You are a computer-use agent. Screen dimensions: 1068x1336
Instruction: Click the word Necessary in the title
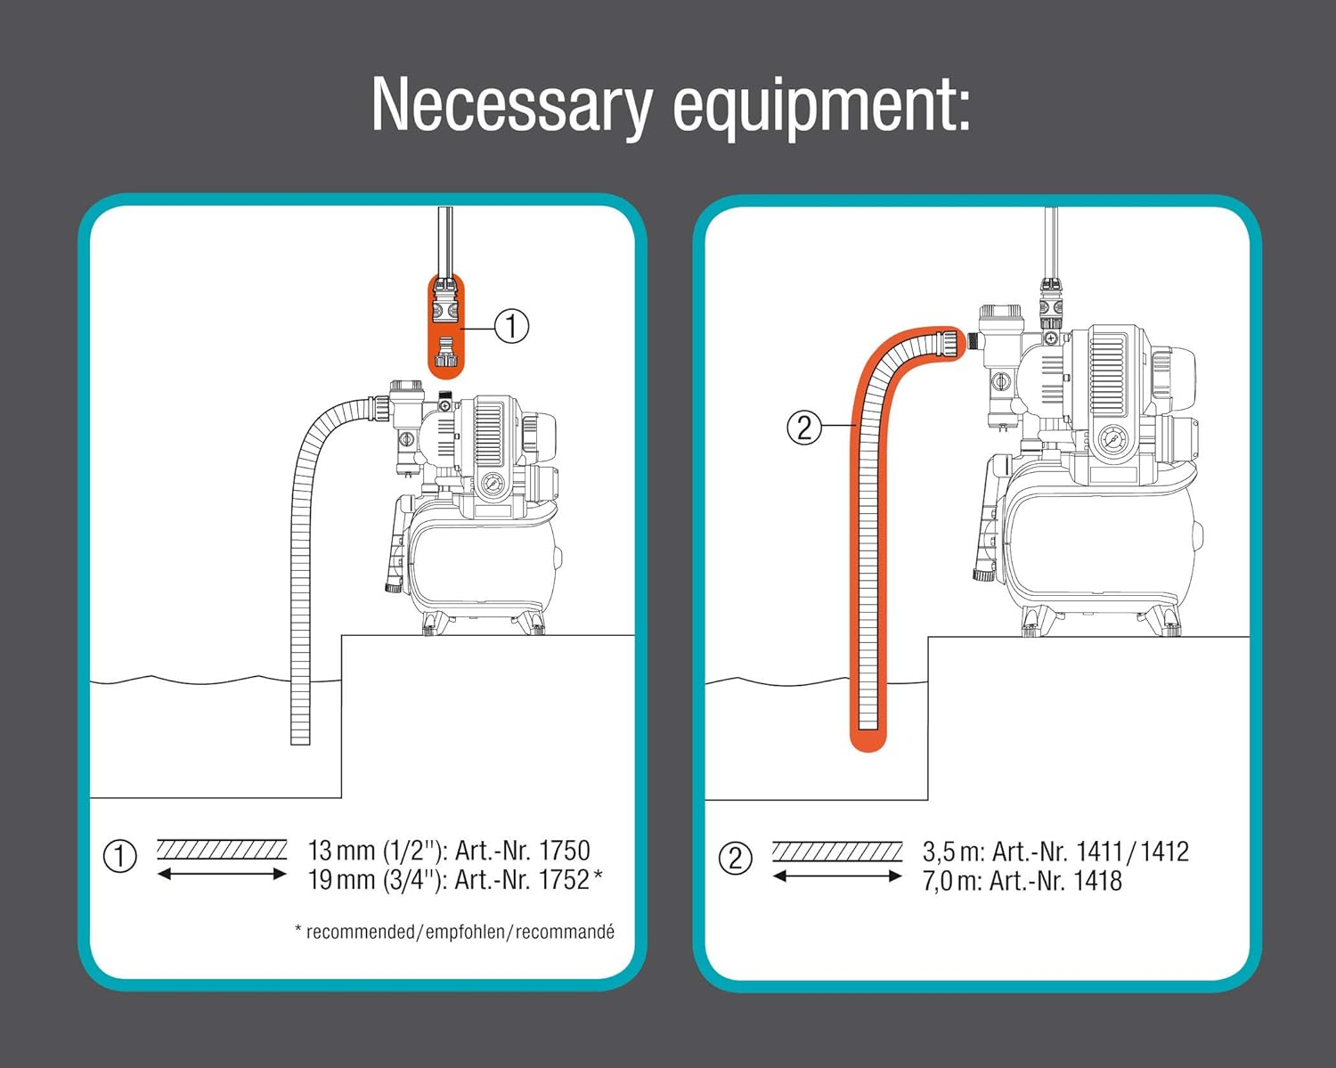tap(512, 106)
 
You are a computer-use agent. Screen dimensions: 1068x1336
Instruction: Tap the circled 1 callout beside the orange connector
tap(511, 327)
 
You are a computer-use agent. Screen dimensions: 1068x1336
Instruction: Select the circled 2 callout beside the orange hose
tap(803, 428)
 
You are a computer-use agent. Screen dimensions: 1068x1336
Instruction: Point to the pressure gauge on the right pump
tap(1113, 440)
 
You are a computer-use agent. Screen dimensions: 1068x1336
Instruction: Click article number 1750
tap(564, 851)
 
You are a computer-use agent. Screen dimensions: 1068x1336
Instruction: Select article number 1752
tap(564, 880)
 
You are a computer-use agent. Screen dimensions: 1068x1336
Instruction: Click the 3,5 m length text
tap(951, 852)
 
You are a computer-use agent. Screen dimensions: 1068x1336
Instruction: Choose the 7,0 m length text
tap(951, 882)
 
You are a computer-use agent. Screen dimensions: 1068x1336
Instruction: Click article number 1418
tap(1097, 882)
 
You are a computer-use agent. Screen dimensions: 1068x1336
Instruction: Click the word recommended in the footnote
tap(360, 933)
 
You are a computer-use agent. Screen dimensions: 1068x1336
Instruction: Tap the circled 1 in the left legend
tap(120, 857)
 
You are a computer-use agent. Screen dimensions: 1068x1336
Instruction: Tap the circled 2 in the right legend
tap(735, 859)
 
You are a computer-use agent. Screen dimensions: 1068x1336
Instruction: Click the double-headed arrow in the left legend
tap(222, 875)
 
